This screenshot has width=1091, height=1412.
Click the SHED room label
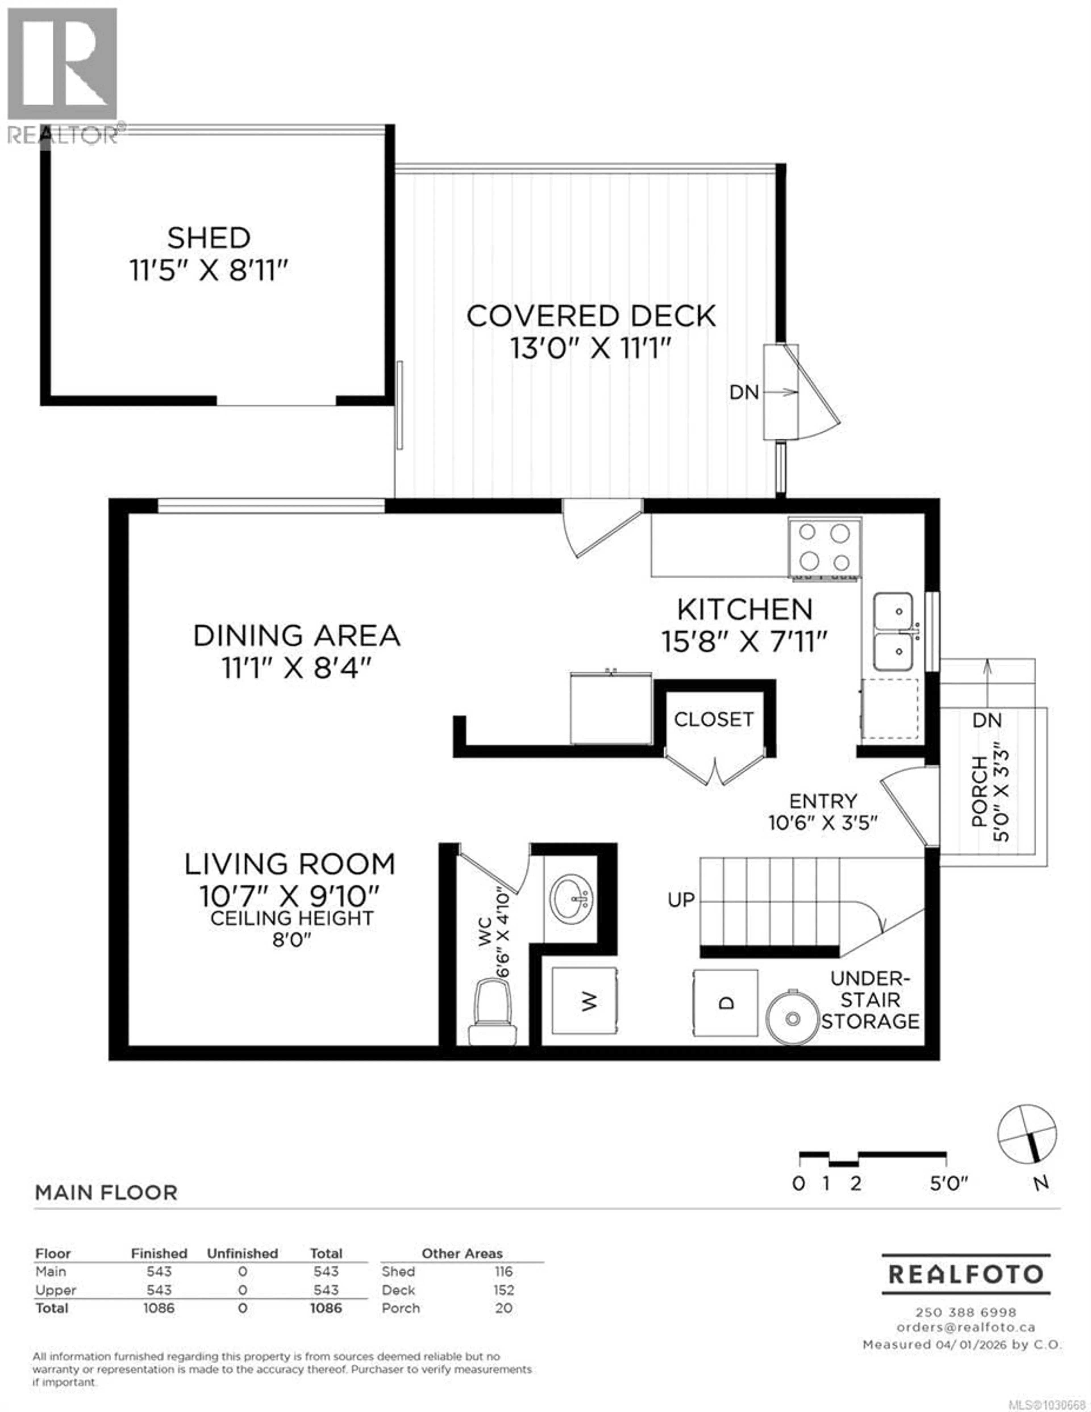[x=208, y=238]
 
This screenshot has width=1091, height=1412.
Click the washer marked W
[x=585, y=1002]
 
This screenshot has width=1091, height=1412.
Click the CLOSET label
[x=713, y=719]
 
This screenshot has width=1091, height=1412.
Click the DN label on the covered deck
[x=744, y=393]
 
